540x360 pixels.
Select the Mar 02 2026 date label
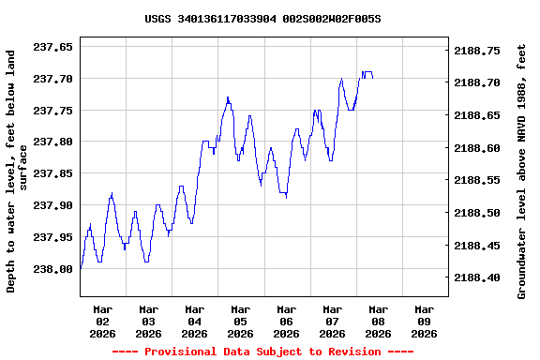103,321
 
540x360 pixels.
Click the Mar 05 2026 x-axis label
241,321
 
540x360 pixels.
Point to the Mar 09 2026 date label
425,321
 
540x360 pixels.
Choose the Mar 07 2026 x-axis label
333,321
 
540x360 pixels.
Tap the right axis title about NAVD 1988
522,172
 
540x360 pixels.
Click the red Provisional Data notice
262,352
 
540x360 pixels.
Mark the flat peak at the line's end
367,71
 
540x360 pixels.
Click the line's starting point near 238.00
82,268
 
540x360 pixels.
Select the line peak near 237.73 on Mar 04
228,97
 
